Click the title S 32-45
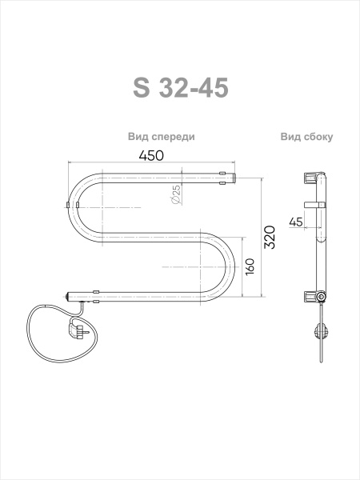pyautogui.click(x=180, y=86)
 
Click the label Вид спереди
pyautogui.click(x=161, y=137)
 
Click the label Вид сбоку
pyautogui.click(x=306, y=137)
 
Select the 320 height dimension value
pyautogui.click(x=270, y=238)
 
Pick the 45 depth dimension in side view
pyautogui.click(x=296, y=222)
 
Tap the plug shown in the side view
pyautogui.click(x=322, y=330)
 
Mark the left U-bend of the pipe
pyautogui.click(x=72, y=206)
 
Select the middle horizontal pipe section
pyautogui.click(x=152, y=236)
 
